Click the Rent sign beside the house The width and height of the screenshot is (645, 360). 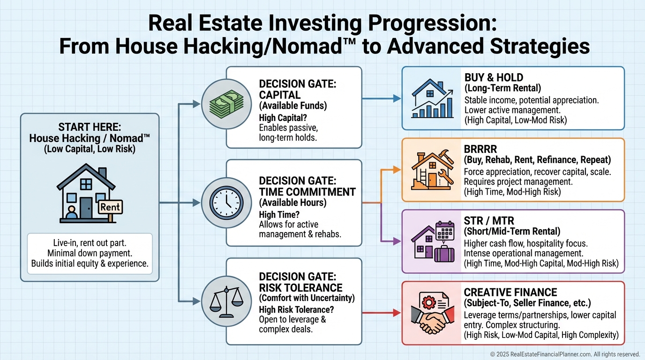(111, 207)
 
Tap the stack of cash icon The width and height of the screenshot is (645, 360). (226, 104)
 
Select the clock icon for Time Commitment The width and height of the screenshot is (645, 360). (226, 203)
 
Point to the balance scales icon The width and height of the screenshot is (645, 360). (226, 301)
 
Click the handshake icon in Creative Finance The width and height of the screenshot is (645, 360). (433, 320)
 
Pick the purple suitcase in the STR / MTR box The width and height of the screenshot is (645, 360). (444, 254)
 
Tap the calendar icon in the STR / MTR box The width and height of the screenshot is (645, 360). (445, 231)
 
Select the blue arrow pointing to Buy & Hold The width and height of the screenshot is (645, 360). (382, 98)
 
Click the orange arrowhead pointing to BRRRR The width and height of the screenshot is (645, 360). (397, 170)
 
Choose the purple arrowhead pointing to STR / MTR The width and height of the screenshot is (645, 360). (397, 241)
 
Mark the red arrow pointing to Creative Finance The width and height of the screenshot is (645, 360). (382, 313)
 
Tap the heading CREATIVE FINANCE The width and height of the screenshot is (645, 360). (510, 292)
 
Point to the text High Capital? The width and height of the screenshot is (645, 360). (283, 118)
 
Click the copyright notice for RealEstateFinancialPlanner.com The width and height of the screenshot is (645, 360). (565, 354)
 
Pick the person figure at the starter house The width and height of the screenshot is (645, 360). (71, 212)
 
